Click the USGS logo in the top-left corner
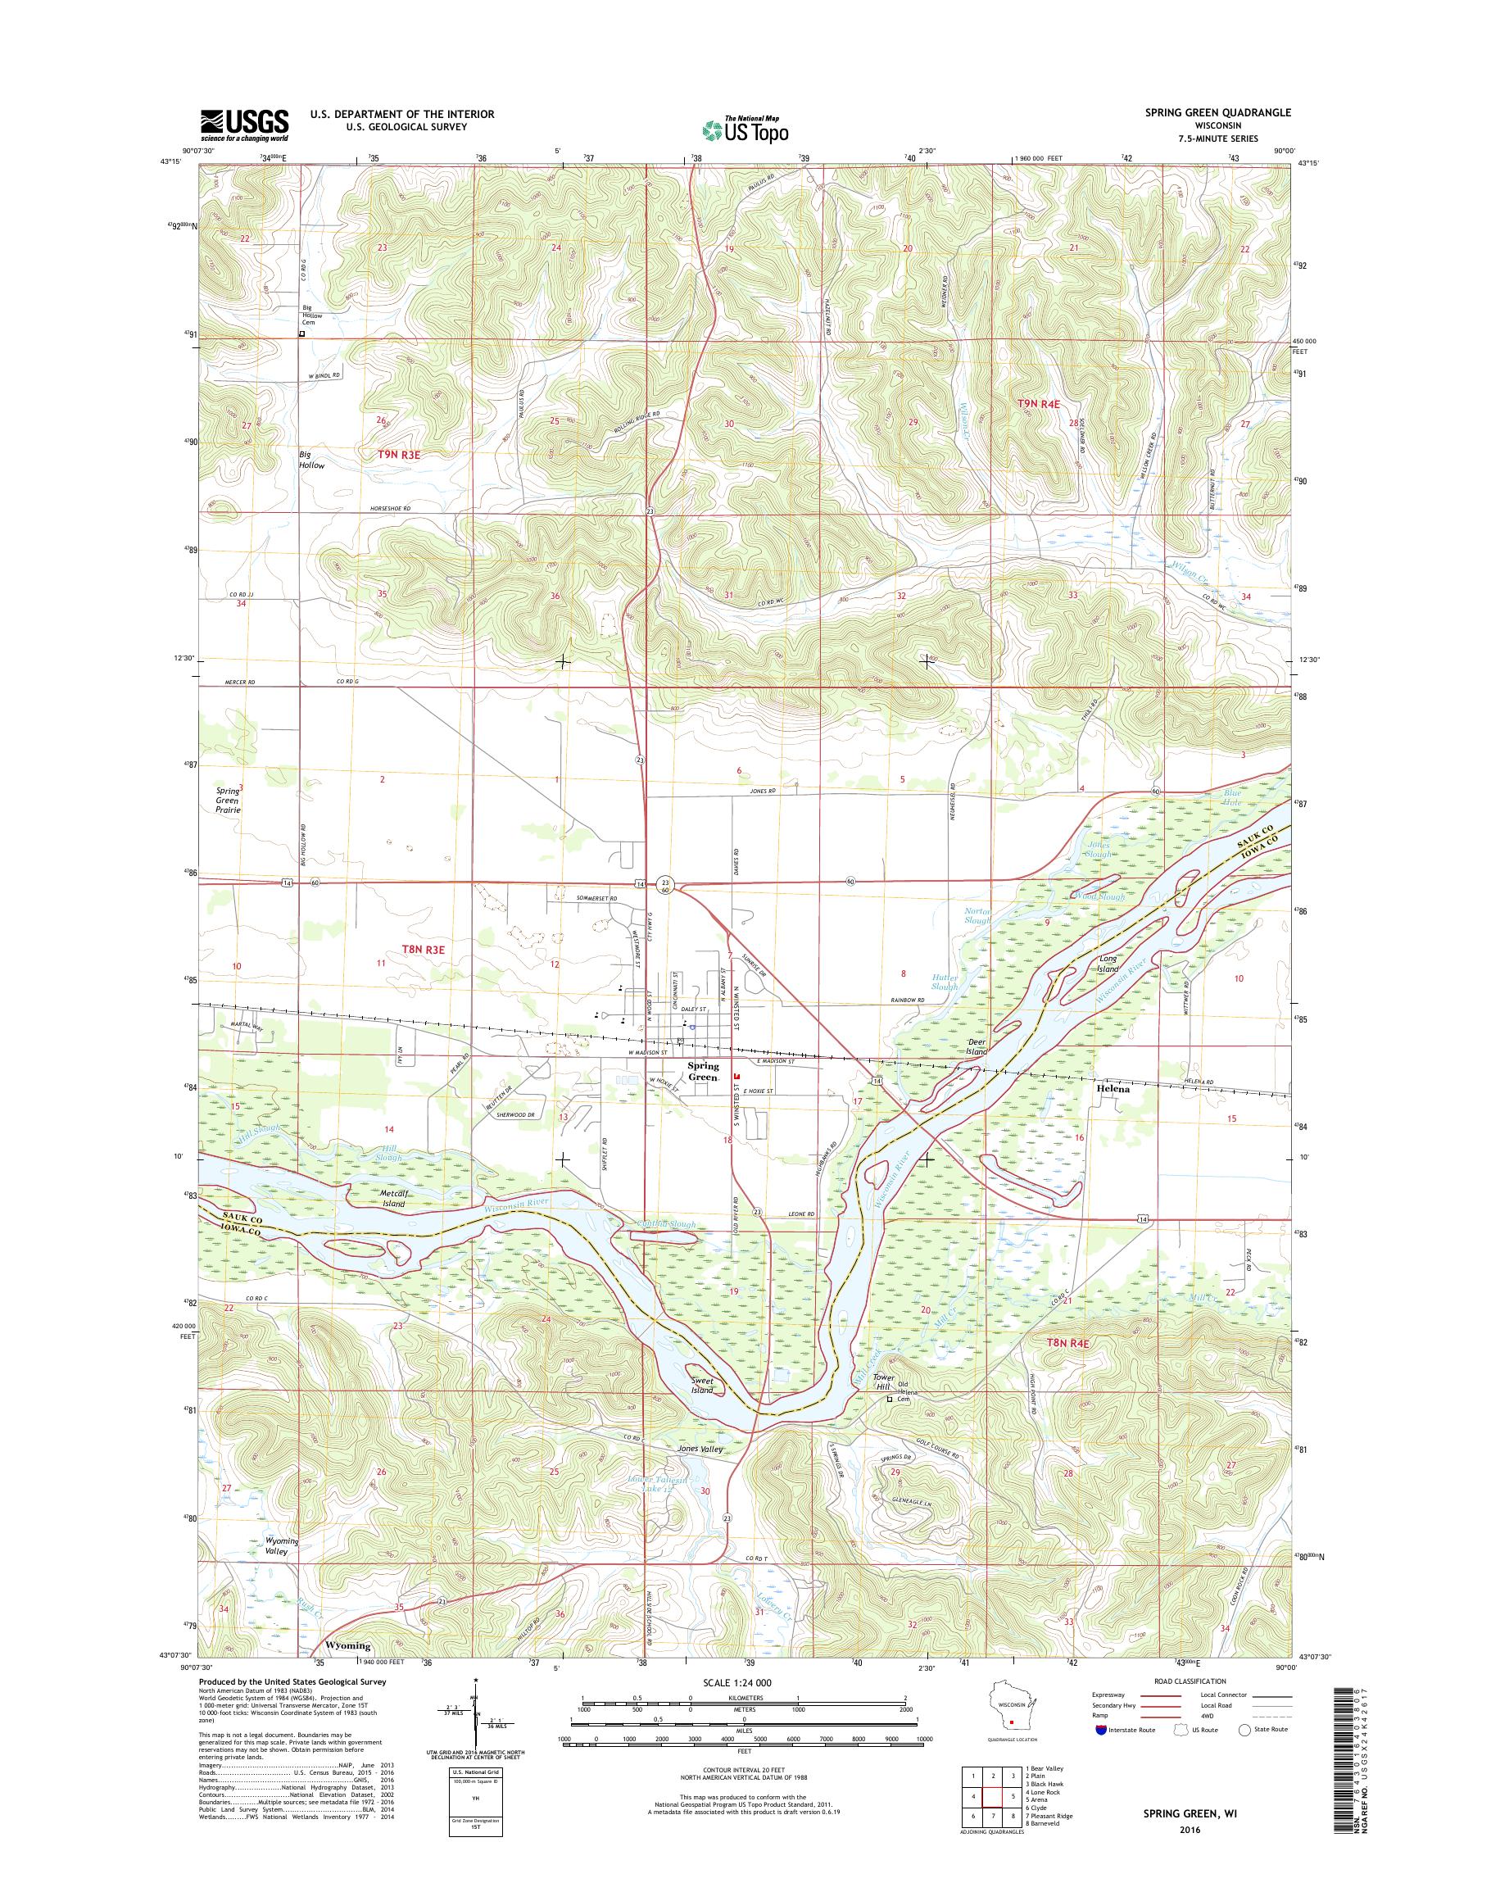point(244,125)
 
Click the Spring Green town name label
point(703,1072)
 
